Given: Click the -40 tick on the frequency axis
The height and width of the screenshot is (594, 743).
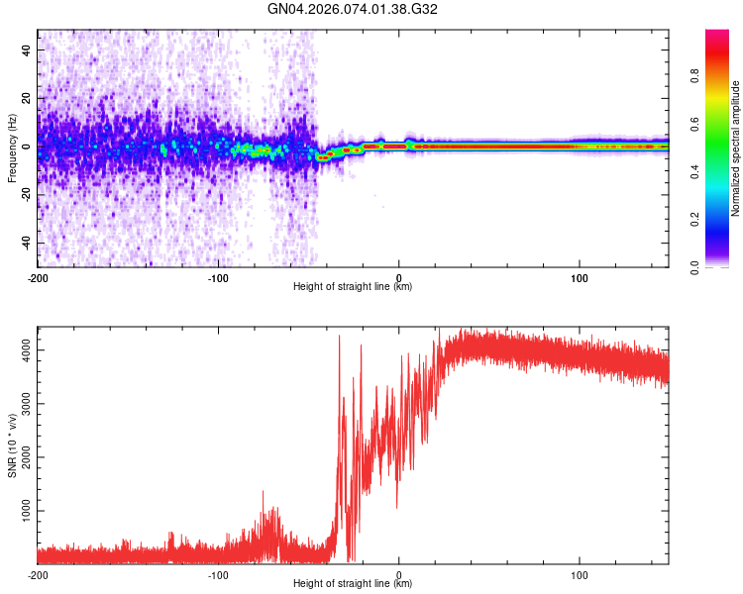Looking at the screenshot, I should (25, 243).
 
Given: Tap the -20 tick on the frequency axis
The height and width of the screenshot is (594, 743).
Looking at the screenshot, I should (25, 194).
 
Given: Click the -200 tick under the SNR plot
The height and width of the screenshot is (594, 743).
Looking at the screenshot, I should (38, 574).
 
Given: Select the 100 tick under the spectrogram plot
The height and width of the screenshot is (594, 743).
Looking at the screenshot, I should (579, 276).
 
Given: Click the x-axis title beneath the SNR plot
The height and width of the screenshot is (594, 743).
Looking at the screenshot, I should (353, 584).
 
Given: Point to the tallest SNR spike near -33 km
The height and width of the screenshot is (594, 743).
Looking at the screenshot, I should (340, 337).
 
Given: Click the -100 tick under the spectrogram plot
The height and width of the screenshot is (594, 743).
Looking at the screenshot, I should (218, 276).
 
